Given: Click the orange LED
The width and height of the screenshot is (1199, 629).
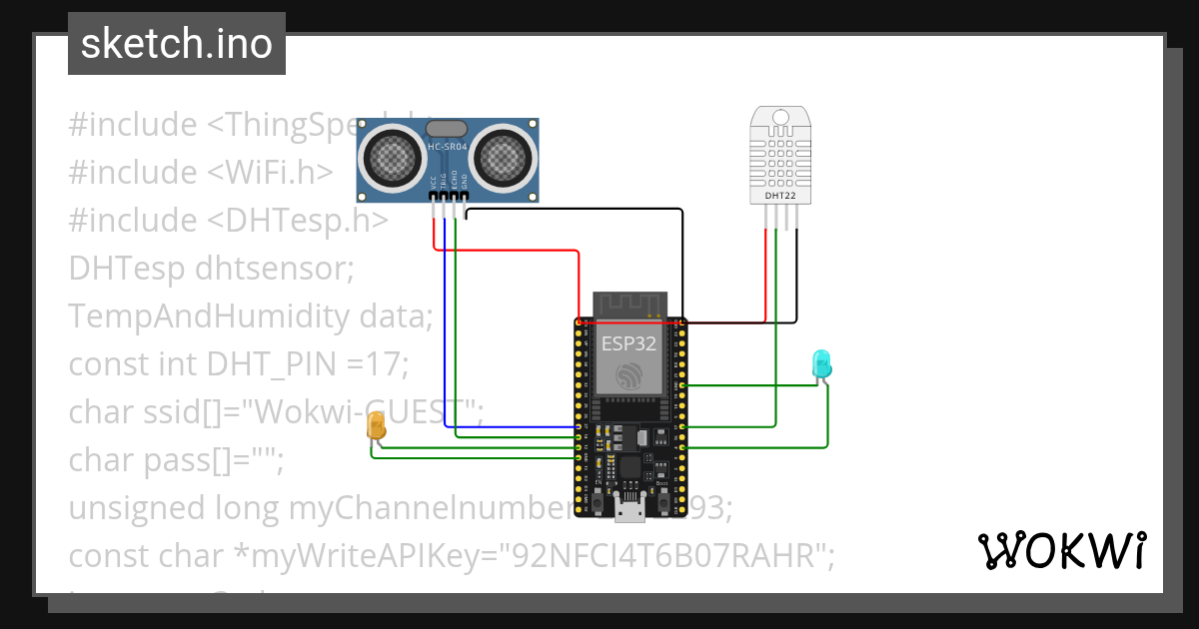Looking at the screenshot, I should click(x=377, y=427).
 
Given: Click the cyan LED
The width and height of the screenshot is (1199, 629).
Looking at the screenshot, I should click(x=821, y=363).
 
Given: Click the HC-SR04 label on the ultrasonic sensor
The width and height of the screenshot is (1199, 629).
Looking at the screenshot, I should click(x=447, y=148).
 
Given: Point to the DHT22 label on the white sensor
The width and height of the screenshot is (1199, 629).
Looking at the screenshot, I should click(x=780, y=196).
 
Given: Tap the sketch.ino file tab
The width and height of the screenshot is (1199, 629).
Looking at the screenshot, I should click(x=177, y=44).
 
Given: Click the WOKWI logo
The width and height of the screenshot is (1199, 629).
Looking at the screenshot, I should click(x=1061, y=550).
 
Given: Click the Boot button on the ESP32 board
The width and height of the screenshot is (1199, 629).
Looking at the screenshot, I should click(x=662, y=503).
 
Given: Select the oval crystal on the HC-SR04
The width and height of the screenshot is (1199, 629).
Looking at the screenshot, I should click(x=447, y=128).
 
